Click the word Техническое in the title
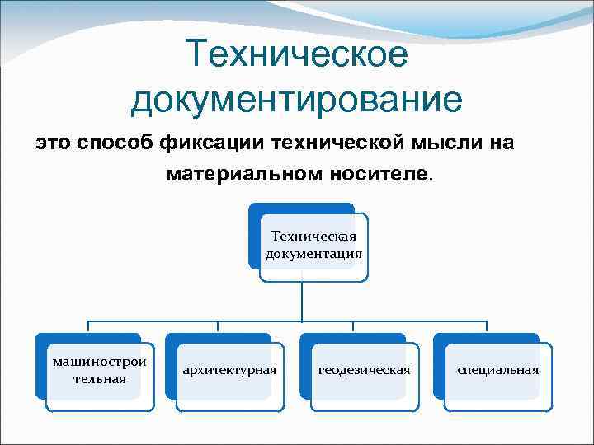pos(297,55)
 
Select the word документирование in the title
pos(297,101)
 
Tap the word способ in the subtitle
pos(115,143)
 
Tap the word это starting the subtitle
pos(52,143)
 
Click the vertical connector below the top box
pos(301,301)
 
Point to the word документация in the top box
pos(314,253)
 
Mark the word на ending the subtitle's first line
pos(500,143)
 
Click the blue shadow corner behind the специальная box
pos(438,340)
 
